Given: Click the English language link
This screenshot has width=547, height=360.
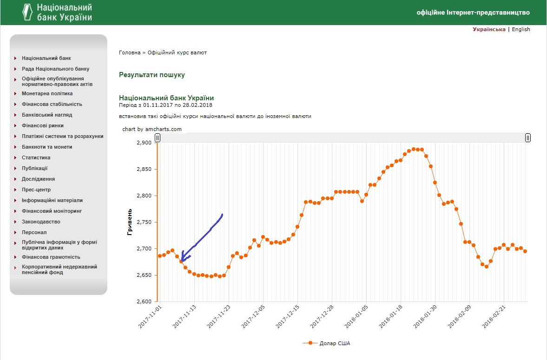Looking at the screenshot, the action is [x=521, y=29].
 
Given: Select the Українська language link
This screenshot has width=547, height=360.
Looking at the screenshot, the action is [x=489, y=29].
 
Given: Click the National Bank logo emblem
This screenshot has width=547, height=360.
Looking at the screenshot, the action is [x=27, y=12].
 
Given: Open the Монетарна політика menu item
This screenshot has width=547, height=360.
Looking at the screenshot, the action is [x=47, y=93].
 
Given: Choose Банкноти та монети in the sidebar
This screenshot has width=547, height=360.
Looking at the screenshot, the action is [x=47, y=147].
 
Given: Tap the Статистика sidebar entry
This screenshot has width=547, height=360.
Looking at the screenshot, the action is [x=36, y=157].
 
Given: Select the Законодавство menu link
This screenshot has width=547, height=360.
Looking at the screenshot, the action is [x=41, y=222].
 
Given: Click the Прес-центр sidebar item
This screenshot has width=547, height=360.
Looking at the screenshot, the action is [x=36, y=190].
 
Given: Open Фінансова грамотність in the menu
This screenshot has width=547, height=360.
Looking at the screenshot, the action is [x=51, y=257].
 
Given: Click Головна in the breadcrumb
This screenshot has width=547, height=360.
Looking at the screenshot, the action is [x=129, y=52].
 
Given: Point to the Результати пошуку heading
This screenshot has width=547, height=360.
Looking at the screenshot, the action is [x=152, y=75].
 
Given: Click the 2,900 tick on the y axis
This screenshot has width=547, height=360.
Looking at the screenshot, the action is [x=144, y=143].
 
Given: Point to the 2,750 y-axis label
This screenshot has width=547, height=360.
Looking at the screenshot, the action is [x=144, y=222].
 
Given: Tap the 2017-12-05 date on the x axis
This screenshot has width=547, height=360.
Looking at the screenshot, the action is [x=253, y=316].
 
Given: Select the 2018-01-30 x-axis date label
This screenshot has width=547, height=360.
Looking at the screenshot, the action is [x=425, y=316].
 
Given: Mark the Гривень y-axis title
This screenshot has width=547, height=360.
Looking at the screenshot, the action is [x=130, y=222].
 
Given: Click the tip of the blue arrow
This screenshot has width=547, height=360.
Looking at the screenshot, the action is [x=181, y=261].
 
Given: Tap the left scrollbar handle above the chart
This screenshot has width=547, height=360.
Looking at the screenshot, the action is [x=158, y=138].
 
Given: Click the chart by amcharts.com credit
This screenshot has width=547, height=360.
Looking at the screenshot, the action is [x=152, y=129].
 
